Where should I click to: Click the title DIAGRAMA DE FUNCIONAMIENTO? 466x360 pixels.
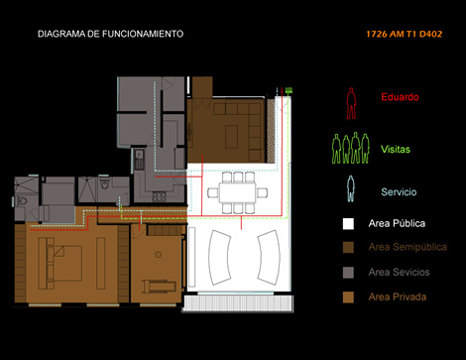tap(110, 34)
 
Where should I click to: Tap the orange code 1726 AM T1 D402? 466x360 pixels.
tap(404, 34)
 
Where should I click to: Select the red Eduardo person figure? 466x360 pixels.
tap(351, 103)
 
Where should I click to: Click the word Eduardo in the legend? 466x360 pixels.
tap(400, 97)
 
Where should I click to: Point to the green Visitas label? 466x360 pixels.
tap(396, 149)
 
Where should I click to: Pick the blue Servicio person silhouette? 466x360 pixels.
tap(351, 188)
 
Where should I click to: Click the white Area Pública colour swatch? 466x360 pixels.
tap(348, 224)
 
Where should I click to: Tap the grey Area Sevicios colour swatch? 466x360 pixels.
tap(348, 273)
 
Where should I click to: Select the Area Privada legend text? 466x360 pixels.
tap(398, 297)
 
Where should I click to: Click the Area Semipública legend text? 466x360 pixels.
tap(408, 247)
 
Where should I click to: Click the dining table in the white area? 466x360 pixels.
tap(237, 192)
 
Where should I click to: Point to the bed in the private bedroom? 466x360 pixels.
tap(64, 264)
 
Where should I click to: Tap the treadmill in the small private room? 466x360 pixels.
tap(160, 286)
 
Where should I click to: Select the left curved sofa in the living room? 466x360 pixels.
tap(219, 258)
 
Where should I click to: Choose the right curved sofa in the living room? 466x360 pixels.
tap(269, 258)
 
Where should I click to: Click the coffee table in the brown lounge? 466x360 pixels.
tap(232, 137)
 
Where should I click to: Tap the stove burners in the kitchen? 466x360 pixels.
tap(159, 197)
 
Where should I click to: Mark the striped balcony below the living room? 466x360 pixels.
tap(238, 303)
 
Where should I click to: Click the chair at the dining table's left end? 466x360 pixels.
tap(212, 192)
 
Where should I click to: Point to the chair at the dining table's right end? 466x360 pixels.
tap(262, 192)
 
